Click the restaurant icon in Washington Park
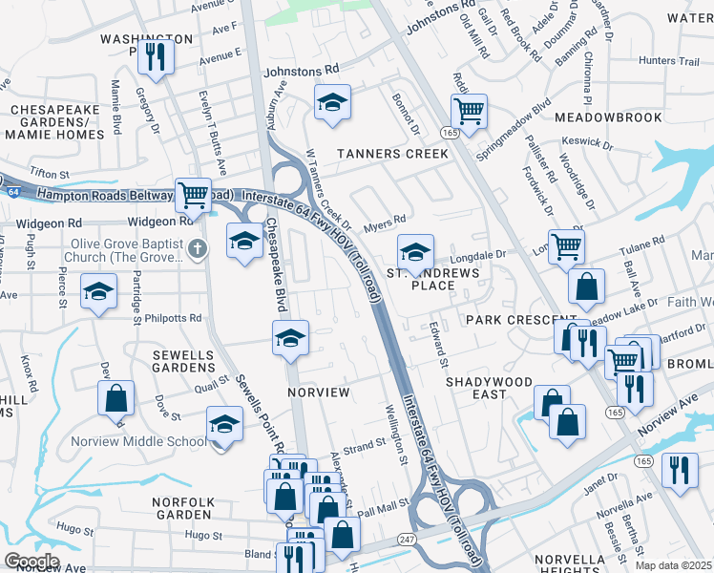[x=154, y=57]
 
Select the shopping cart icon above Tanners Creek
[x=469, y=111]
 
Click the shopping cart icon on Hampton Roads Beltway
[x=193, y=195]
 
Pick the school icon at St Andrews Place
[x=415, y=252]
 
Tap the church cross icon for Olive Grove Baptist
[x=198, y=249]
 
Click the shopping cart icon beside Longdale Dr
[x=566, y=246]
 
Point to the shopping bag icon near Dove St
[x=115, y=397]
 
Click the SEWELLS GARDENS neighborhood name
[x=183, y=362]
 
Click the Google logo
[x=31, y=561]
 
